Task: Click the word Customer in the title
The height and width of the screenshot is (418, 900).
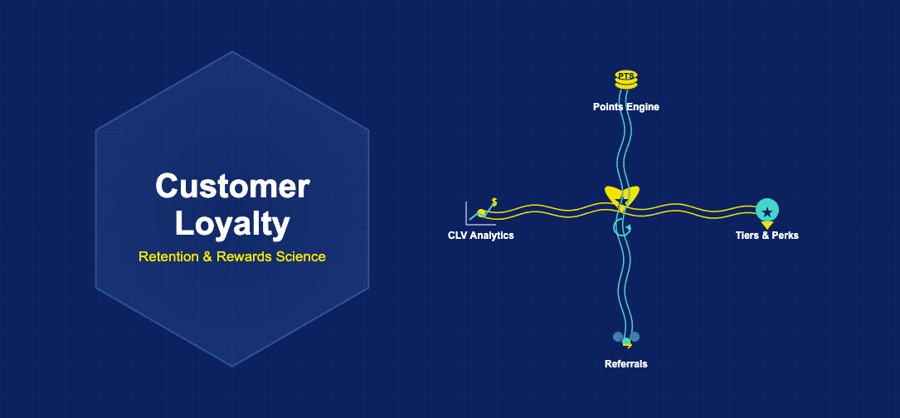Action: [232, 187]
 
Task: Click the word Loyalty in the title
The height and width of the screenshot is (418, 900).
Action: [232, 222]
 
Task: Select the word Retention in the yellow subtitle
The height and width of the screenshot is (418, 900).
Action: [168, 257]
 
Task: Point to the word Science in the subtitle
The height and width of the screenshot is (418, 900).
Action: [299, 257]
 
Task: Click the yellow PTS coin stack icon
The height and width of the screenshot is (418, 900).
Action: [625, 80]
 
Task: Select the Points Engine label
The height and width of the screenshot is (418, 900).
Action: [625, 107]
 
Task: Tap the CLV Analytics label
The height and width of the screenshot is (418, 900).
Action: [480, 236]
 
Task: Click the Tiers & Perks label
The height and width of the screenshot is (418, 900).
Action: [766, 236]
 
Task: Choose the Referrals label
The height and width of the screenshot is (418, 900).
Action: [625, 364]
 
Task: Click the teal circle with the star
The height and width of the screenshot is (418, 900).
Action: [767, 209]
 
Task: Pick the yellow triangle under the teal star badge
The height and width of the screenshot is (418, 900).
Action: [767, 225]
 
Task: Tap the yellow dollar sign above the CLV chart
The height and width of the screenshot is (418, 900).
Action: [494, 202]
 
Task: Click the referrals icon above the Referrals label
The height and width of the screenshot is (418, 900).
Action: [626, 338]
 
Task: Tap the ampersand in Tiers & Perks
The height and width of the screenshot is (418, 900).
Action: [765, 236]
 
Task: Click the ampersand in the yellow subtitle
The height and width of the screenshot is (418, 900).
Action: [207, 257]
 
